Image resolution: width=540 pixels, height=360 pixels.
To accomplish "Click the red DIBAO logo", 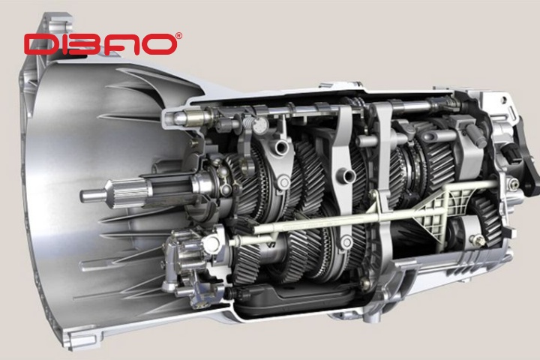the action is [100, 43].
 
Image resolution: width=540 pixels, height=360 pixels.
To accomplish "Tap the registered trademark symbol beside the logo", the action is [179, 35].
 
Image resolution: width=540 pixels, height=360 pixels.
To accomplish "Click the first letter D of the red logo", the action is [38, 44].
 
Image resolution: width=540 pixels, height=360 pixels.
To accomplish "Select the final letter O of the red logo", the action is [158, 44].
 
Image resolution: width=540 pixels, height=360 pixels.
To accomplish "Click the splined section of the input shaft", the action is [128, 193].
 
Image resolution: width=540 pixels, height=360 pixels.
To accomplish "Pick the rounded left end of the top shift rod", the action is [180, 118].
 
